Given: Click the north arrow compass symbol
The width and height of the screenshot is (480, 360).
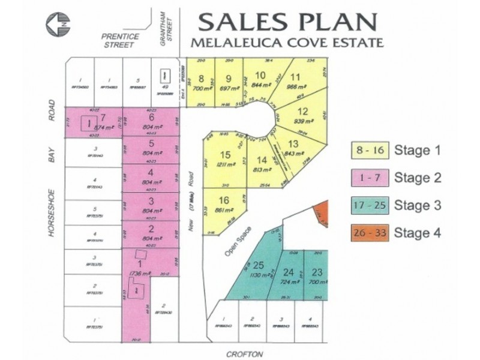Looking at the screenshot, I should click(58, 26).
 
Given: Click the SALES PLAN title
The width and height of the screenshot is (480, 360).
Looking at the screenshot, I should click(289, 22).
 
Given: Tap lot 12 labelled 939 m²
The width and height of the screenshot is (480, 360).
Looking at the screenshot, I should click(301, 114).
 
